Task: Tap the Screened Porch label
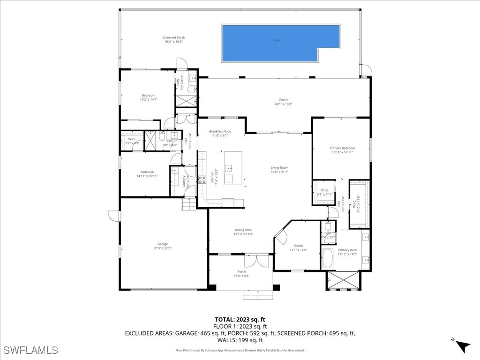pyautogui.click(x=174, y=37)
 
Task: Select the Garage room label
pyautogui.click(x=163, y=244)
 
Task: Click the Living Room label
pyautogui.click(x=279, y=167)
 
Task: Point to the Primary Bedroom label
pyautogui.click(x=342, y=148)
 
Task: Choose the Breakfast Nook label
pyautogui.click(x=220, y=131)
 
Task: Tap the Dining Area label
pyautogui.click(x=243, y=230)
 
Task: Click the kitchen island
pyautogui.click(x=233, y=167)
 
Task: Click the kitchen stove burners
pyautogui.click(x=202, y=180)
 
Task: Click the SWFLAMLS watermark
pyautogui.click(x=30, y=350)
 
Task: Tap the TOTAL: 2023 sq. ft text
pyautogui.click(x=240, y=320)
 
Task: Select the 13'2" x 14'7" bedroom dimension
pyautogui.click(x=148, y=99)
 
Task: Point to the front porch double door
pyautogui.click(x=256, y=261)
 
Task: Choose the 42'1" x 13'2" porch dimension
pyautogui.click(x=284, y=104)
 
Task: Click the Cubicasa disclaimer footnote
pyautogui.click(x=240, y=350)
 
